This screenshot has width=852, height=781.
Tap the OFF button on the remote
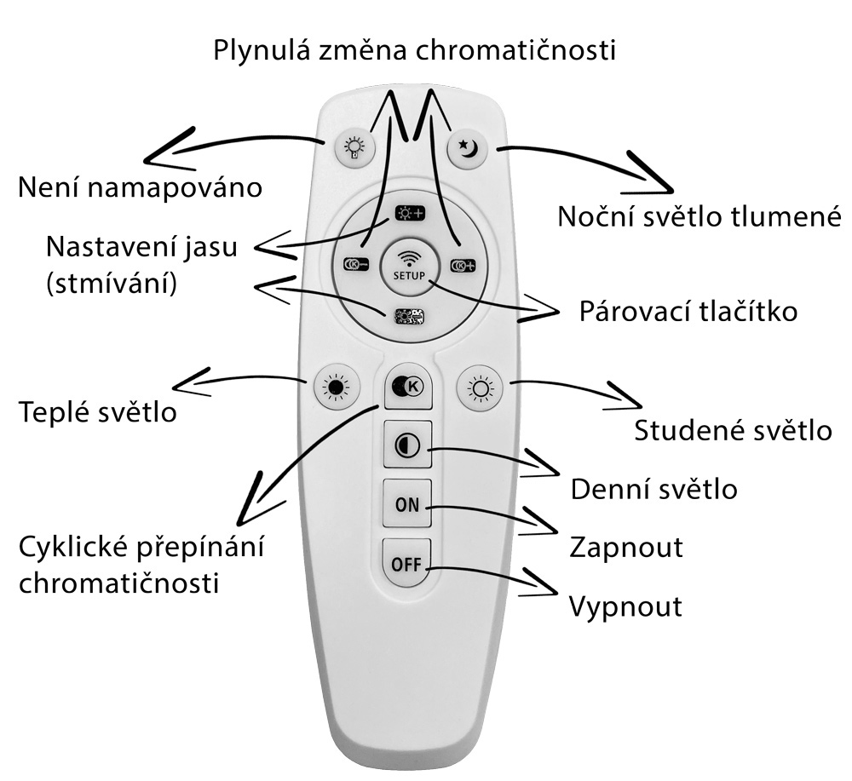point(407,564)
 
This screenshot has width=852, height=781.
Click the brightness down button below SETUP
point(409,316)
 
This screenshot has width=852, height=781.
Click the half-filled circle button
point(407,445)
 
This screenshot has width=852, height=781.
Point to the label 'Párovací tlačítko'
point(688,311)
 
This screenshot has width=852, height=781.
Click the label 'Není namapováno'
point(140,186)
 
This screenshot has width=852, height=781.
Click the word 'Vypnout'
point(625,606)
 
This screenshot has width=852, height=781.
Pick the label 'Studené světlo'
point(733,430)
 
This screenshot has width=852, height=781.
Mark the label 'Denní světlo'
point(653,490)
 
